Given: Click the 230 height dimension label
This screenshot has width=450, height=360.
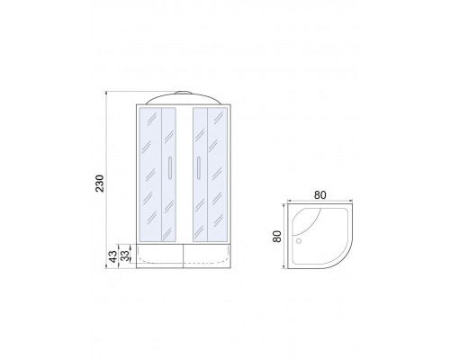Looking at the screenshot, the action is (x=100, y=184).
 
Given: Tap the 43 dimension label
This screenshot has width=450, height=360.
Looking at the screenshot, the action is (x=113, y=256).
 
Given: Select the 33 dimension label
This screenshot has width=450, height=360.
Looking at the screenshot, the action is (x=126, y=256).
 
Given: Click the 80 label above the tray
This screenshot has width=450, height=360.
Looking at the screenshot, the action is (x=319, y=195).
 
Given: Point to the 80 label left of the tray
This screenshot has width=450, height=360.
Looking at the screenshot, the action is (x=277, y=236).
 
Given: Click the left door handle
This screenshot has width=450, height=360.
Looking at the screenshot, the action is (x=170, y=167).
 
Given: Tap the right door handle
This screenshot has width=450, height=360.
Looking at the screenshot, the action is (x=198, y=167).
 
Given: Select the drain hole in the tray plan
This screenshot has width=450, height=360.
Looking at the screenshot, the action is (x=299, y=240).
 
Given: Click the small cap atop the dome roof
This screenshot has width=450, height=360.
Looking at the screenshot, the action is (x=184, y=93).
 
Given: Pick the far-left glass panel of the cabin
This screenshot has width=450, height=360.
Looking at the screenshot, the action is (x=150, y=175).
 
